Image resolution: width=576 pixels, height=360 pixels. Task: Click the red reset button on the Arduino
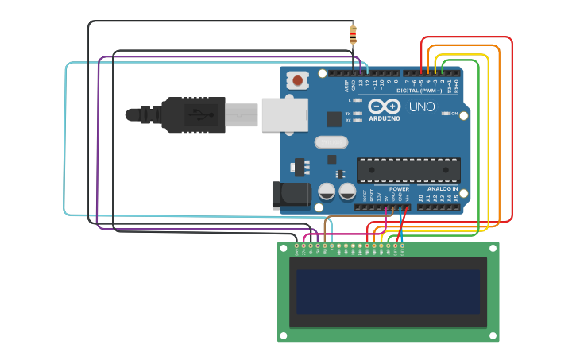pos(298,80)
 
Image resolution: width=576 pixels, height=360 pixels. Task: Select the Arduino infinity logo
pos(385,106)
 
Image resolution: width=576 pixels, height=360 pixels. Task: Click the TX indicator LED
pos(358,114)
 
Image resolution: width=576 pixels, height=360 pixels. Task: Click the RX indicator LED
pos(358,121)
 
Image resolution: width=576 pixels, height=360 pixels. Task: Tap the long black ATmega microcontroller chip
pos(408,170)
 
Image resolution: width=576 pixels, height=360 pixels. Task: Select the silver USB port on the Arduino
pos(284,114)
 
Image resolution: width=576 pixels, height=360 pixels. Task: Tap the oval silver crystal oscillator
pos(331,143)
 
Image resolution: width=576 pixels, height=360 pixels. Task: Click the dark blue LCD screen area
pos(388,291)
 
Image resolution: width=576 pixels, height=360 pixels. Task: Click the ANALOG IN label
pos(443,189)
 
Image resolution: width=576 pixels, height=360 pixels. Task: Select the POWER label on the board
pos(399,189)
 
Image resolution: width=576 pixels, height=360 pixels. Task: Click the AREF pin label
pos(346,85)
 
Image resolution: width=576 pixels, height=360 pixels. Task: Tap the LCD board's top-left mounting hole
pos(283,247)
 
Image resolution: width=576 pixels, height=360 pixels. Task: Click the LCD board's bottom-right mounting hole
pos(493,337)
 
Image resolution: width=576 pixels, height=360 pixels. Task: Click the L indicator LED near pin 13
pos(358,100)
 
